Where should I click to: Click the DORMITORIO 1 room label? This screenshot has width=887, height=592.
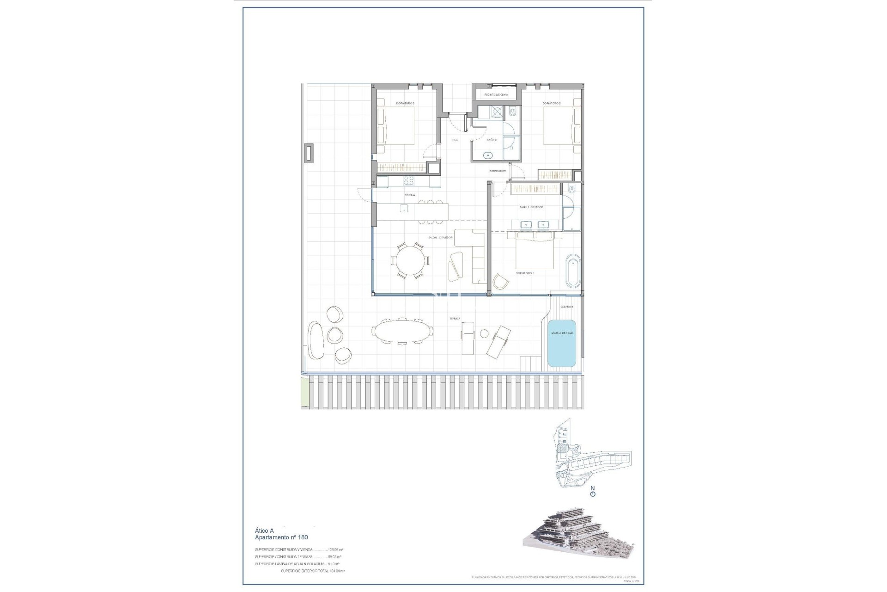[524, 273]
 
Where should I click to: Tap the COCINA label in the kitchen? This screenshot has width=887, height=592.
[409, 195]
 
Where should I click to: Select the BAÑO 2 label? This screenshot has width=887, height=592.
[492, 140]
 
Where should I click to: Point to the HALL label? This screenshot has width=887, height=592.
[455, 140]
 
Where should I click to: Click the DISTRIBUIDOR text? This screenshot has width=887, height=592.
[498, 171]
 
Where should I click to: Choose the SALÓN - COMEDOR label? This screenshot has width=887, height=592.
[441, 238]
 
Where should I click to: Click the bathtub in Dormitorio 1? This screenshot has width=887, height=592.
[572, 270]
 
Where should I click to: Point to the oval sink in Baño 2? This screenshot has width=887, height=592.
[488, 155]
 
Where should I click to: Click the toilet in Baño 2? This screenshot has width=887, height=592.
[513, 112]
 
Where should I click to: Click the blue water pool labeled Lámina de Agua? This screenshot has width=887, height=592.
[562, 343]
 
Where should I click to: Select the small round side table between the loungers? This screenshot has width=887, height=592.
[484, 333]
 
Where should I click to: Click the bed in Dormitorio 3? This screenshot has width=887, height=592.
[397, 125]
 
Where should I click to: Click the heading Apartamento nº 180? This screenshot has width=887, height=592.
[281, 537]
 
